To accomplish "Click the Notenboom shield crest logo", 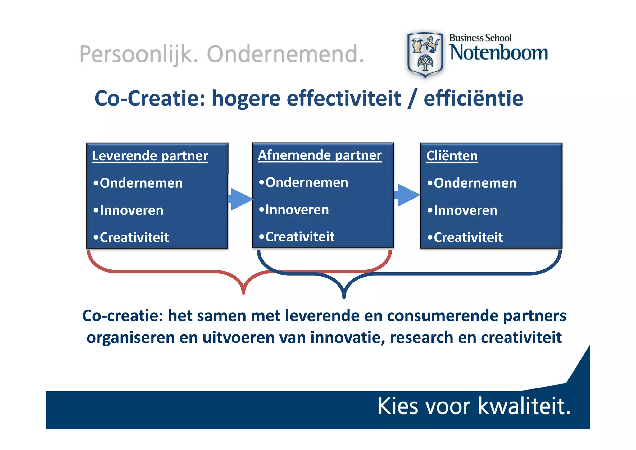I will (x=425, y=54).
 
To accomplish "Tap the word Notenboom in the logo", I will (x=499, y=53).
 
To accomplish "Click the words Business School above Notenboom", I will (x=480, y=38).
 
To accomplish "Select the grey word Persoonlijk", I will (x=139, y=54).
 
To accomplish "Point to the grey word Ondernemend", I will (x=285, y=54).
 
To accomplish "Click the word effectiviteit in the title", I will (x=344, y=99).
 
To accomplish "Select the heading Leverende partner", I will (x=150, y=156).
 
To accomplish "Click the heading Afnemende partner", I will (x=320, y=155).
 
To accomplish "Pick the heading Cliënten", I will (x=452, y=156).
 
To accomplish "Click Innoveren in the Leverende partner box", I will (x=131, y=210).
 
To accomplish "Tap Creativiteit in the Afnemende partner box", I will (x=300, y=237).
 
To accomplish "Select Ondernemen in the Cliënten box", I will (x=475, y=183).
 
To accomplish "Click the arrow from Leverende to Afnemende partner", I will (x=241, y=199).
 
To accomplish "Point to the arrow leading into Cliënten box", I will (x=407, y=195).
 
